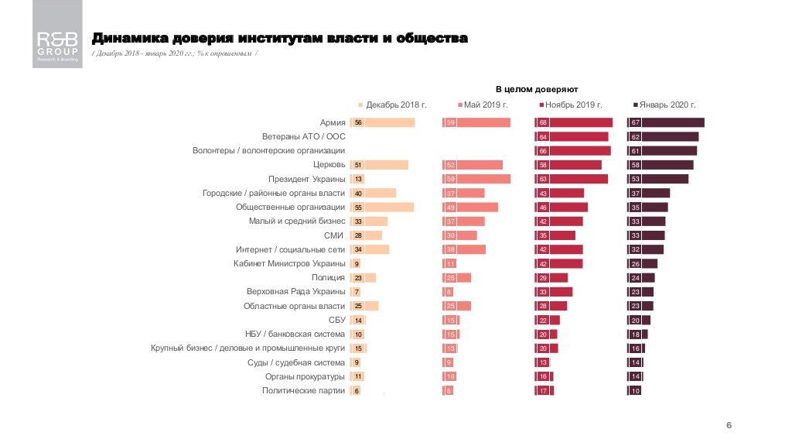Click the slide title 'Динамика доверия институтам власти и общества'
(279, 38)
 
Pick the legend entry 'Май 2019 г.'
(485, 105)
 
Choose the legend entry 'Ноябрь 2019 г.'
(572, 105)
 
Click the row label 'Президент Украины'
(307, 179)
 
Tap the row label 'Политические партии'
(304, 391)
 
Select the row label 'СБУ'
(336, 320)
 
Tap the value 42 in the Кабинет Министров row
(543, 264)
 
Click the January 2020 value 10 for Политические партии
(636, 391)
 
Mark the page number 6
(729, 425)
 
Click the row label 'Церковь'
(329, 165)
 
